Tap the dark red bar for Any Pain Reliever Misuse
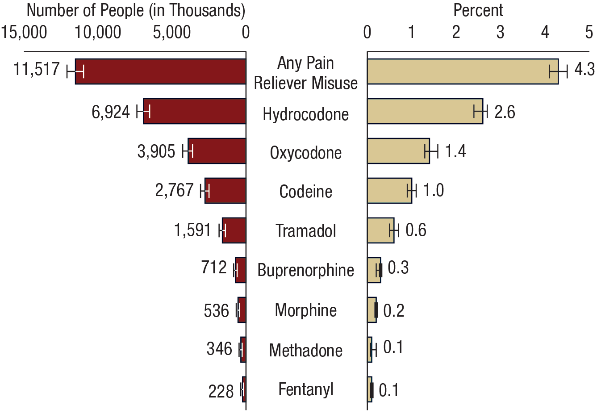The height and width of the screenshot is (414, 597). click(x=161, y=71)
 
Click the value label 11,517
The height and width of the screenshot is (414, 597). click(x=36, y=69)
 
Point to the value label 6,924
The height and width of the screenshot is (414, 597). click(x=111, y=112)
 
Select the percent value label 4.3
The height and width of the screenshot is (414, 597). click(x=584, y=70)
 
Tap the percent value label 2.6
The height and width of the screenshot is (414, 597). click(x=505, y=112)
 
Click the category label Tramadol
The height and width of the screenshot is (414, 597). click(x=305, y=231)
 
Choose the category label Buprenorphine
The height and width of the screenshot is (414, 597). click(x=305, y=270)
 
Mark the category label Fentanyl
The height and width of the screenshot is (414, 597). click(x=305, y=389)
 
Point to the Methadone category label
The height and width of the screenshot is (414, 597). click(x=305, y=350)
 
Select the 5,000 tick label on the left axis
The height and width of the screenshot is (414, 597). click(x=171, y=33)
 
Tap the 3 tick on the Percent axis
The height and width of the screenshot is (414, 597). click(x=500, y=33)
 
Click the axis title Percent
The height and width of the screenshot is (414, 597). click(x=478, y=10)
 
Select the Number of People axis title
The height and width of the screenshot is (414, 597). click(x=136, y=10)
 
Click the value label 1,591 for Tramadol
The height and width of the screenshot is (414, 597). click(x=192, y=230)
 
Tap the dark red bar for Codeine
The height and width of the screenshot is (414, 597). click(x=225, y=191)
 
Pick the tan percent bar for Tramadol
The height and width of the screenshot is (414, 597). click(x=380, y=230)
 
